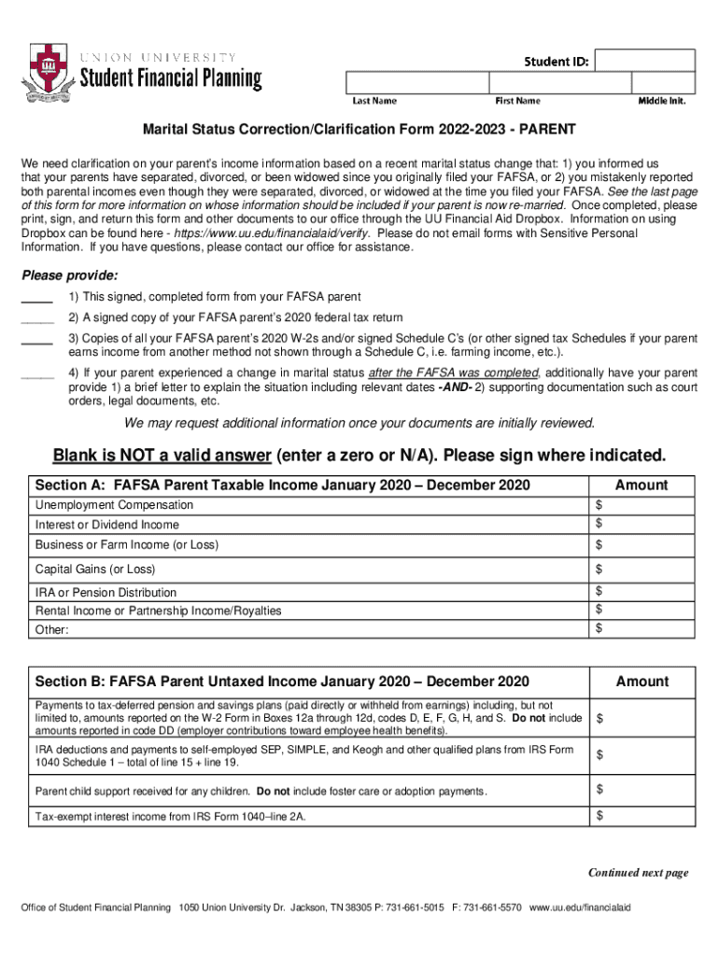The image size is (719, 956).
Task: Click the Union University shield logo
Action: tap(45, 68)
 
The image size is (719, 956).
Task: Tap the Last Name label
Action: tap(374, 101)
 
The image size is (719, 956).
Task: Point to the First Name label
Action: tap(516, 101)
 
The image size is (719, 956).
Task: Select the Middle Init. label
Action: tap(661, 101)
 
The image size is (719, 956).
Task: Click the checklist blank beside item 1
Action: tap(36, 299)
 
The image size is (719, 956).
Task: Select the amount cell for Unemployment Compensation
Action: tap(643, 505)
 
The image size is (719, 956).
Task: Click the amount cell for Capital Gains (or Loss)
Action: tap(643, 569)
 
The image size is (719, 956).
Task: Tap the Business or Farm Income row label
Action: tap(127, 544)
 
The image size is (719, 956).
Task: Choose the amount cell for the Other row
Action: tap(643, 629)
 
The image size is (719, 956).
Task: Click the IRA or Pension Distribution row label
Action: tap(106, 592)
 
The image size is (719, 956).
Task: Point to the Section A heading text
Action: tap(282, 485)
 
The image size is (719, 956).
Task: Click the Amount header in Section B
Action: tap(641, 682)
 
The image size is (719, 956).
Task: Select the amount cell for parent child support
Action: tap(643, 791)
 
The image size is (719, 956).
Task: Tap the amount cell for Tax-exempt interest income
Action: tap(643, 816)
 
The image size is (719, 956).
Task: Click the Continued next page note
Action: tap(638, 873)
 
